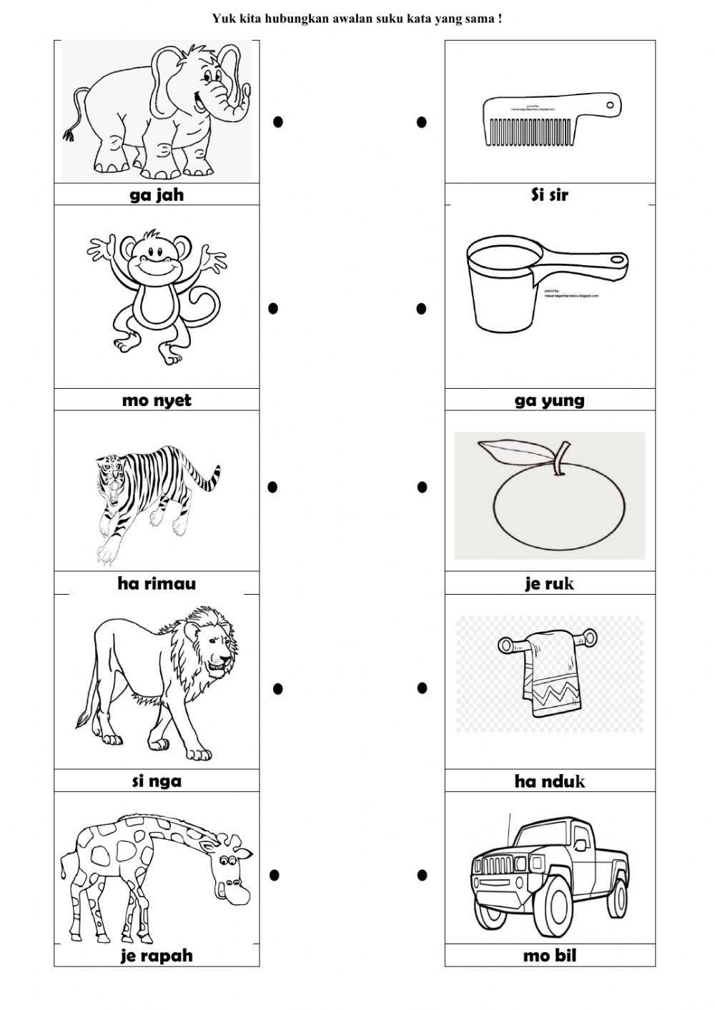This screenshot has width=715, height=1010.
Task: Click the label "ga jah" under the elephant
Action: [x=157, y=195]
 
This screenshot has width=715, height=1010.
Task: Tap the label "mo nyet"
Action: [x=157, y=400]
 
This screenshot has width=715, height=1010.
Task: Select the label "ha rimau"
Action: [x=157, y=583]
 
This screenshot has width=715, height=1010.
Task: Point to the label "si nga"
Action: [x=157, y=781]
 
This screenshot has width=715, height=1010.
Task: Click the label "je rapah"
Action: [x=157, y=956]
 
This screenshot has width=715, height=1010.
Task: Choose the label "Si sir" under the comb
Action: [x=550, y=194]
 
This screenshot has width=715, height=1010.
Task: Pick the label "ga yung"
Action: [x=550, y=400]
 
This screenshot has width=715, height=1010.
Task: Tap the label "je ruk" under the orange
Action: [x=550, y=583]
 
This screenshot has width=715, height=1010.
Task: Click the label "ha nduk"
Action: [x=550, y=781]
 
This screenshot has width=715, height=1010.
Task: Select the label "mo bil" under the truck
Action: [x=550, y=956]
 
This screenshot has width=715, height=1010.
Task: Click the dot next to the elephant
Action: [x=278, y=122]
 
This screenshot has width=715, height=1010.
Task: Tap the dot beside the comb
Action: [x=422, y=122]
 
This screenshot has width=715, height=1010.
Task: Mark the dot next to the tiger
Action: [x=272, y=487]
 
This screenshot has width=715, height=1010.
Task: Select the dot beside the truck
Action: [x=422, y=874]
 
